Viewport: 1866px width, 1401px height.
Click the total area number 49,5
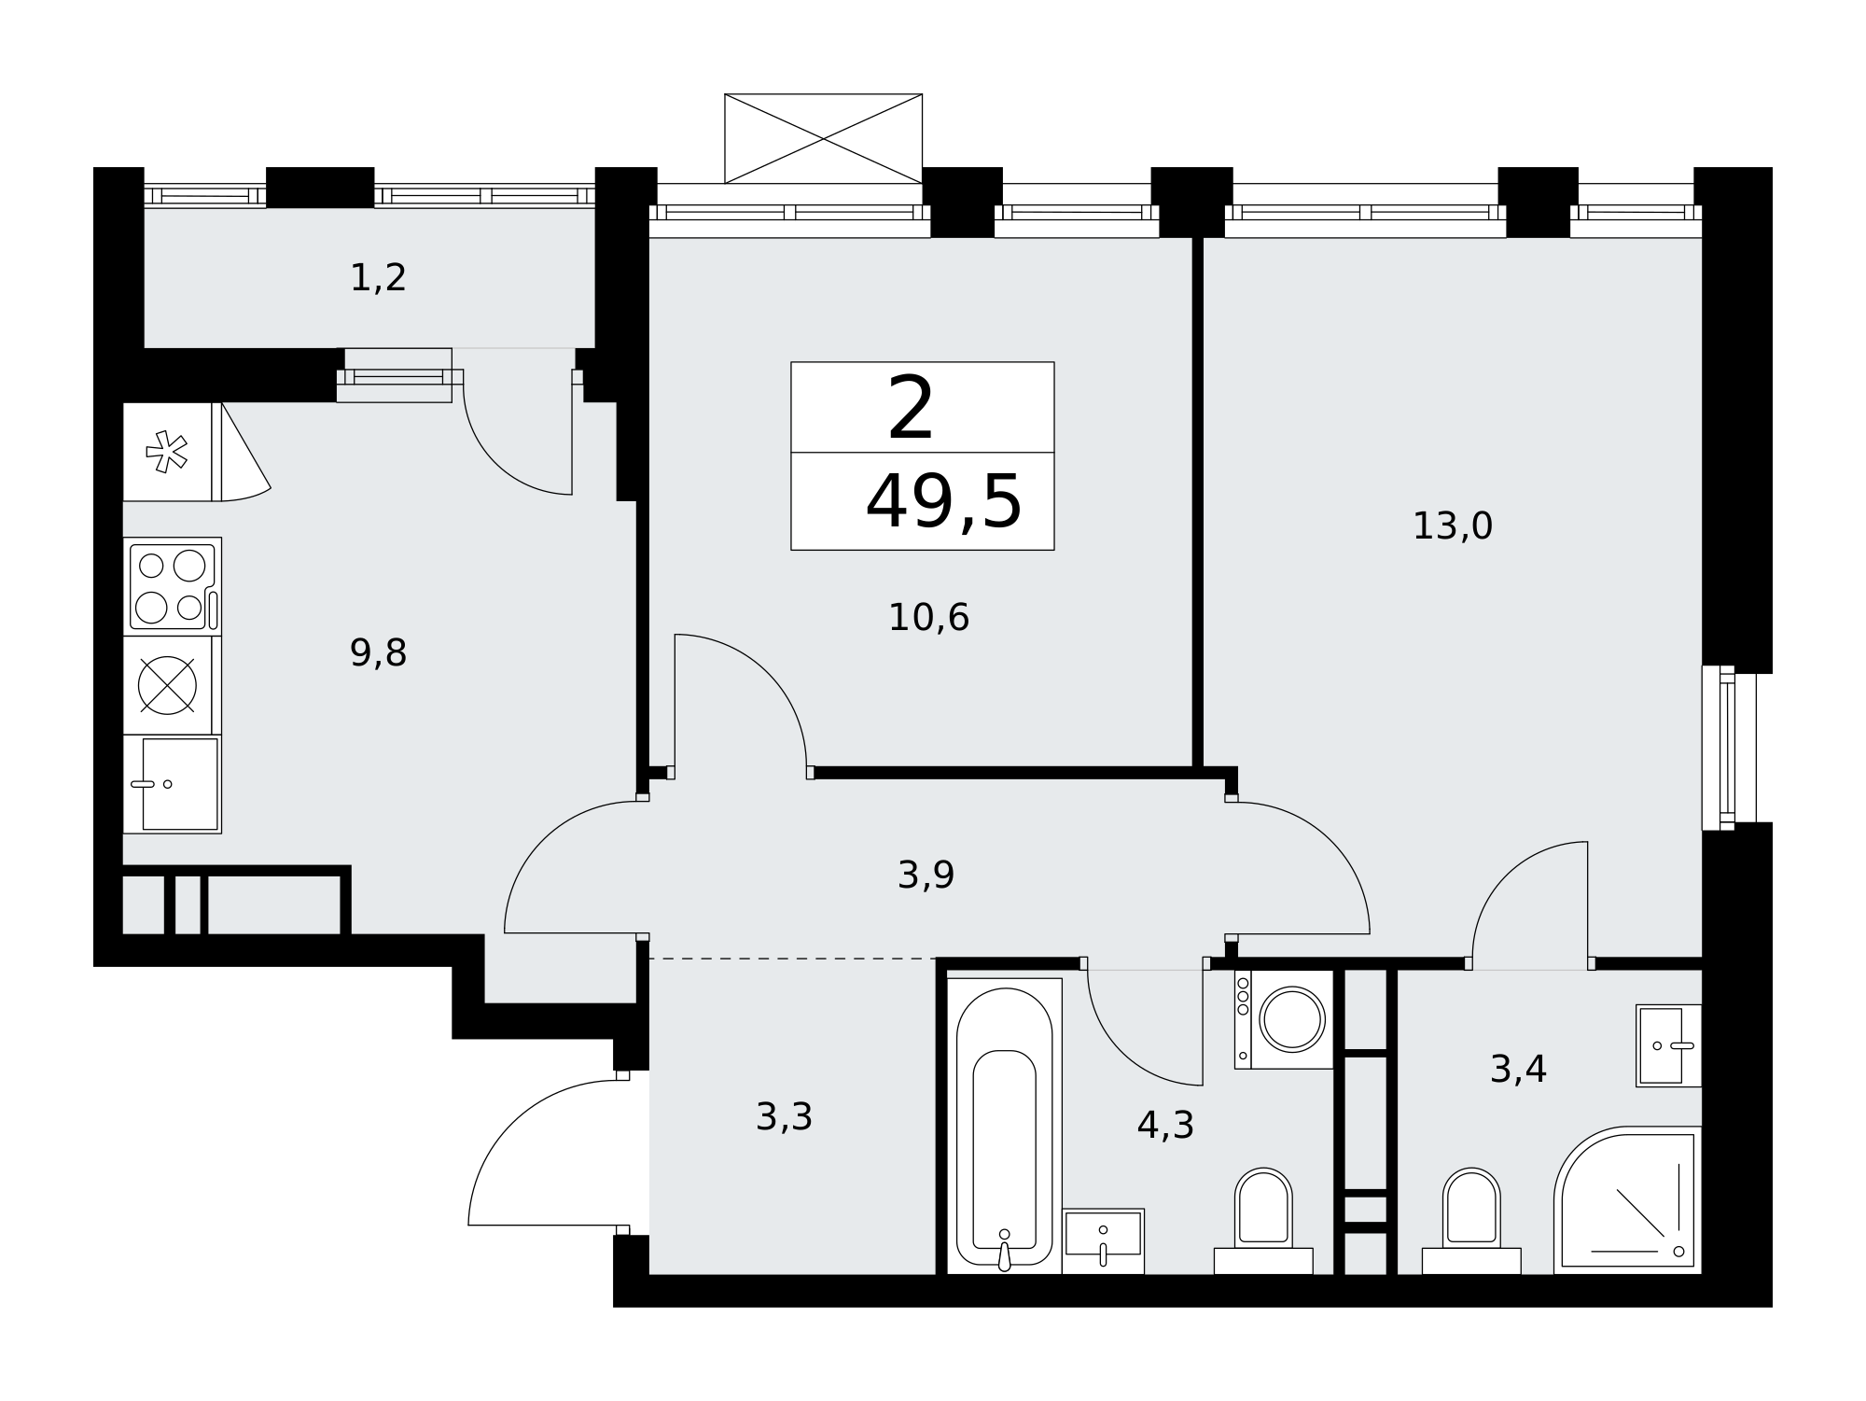pos(943,502)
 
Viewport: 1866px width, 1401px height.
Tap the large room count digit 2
pos(911,408)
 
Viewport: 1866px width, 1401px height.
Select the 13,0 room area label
pos(1453,526)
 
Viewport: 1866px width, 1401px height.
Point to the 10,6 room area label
pos(928,618)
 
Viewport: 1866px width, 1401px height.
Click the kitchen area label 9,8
pos(378,653)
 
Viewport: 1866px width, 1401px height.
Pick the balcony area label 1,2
pos(378,278)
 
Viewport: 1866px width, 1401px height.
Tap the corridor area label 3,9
pos(926,876)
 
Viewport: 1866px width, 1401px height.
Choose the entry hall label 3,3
pos(784,1116)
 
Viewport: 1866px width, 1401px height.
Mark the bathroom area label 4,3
pos(1165,1126)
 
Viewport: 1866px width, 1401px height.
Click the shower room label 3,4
pos(1518,1070)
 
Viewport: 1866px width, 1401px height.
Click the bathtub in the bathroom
pos(1004,1126)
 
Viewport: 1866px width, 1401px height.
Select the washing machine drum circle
pos(1292,1019)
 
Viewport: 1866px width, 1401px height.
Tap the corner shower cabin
pos(1628,1200)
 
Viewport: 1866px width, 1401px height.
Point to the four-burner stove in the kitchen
pos(172,587)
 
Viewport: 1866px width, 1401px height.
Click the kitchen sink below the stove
pos(172,784)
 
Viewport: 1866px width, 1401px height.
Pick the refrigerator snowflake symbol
pos(167,452)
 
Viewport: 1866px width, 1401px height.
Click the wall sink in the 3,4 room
pos(1669,1045)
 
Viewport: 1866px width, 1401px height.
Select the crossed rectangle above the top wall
pos(824,138)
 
